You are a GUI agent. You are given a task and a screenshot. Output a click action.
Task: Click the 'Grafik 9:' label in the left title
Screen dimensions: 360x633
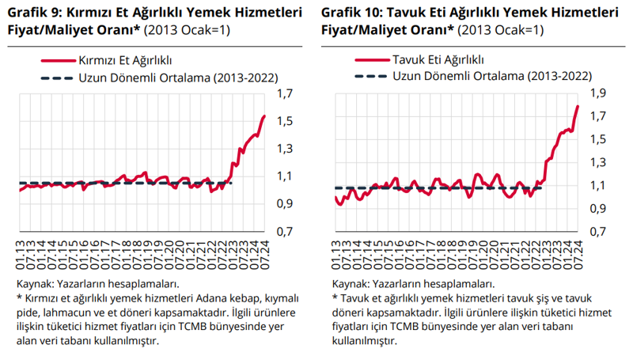pos(35,13)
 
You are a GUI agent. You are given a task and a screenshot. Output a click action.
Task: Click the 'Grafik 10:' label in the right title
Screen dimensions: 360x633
pos(354,13)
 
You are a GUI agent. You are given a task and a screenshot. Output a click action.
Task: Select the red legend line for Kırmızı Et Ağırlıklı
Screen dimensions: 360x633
pos(55,60)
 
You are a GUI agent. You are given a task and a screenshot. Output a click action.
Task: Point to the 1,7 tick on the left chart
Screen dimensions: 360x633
pos(284,94)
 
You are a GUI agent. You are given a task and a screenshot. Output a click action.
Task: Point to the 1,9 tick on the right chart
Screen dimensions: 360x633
pos(599,93)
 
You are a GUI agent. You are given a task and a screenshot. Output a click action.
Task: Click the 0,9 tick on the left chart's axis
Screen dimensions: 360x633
pos(284,204)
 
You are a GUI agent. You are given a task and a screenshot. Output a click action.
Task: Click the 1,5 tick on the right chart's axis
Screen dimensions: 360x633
pos(599,139)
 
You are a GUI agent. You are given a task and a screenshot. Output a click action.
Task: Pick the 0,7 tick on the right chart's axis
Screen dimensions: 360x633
pos(599,232)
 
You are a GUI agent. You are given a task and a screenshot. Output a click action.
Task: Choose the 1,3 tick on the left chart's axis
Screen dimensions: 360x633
pos(284,149)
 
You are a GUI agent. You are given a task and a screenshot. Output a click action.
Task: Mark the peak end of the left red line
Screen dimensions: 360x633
pos(264,116)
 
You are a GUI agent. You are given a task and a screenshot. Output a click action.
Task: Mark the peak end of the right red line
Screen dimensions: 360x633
pos(578,106)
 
